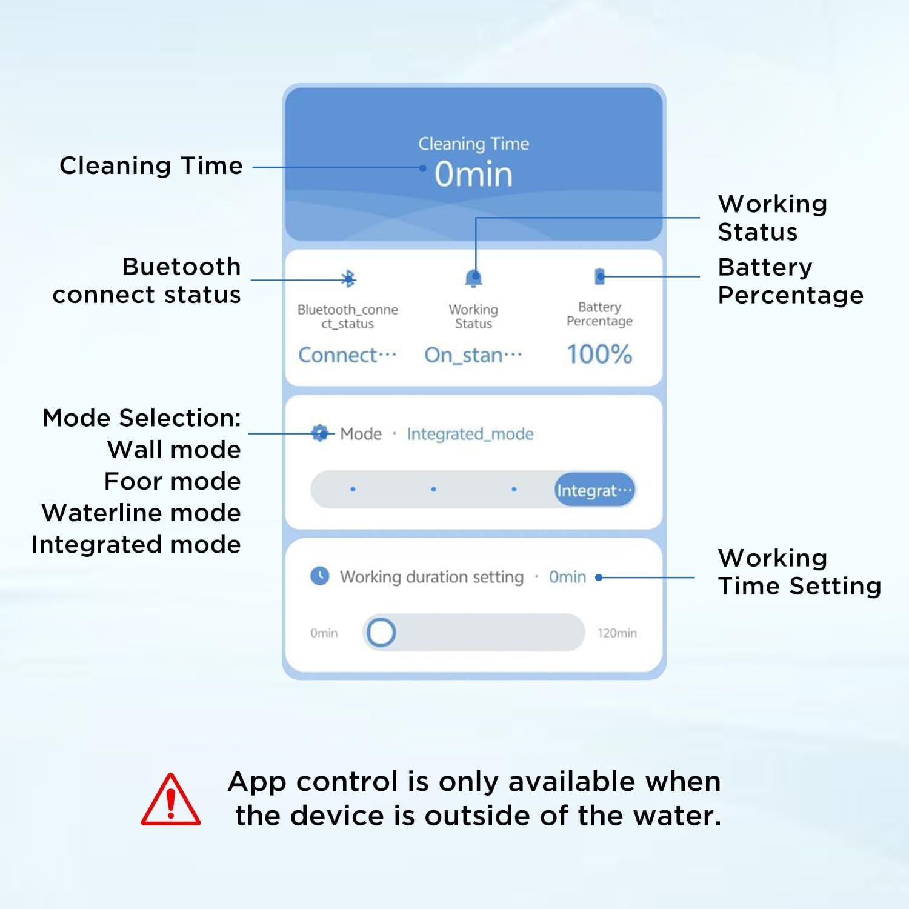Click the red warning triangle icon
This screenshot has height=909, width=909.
[170, 801]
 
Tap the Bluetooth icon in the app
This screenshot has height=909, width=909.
[348, 278]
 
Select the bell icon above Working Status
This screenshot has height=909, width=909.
[473, 278]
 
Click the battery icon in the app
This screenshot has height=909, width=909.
[599, 276]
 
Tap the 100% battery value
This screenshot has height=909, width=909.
[599, 355]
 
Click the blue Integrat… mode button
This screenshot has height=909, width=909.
[594, 490]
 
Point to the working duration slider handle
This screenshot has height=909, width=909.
[381, 633]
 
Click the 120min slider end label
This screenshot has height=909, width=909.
[616, 633]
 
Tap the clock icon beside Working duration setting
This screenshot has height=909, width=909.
[320, 576]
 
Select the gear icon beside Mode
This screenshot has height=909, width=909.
[319, 433]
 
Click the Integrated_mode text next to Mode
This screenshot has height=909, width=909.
[470, 434]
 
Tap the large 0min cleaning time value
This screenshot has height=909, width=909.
[473, 175]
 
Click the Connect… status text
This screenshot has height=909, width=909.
[347, 355]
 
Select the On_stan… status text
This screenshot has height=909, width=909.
[473, 355]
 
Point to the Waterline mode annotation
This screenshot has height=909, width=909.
[141, 513]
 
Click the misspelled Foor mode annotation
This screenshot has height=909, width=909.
[172, 481]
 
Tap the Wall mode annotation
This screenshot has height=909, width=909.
[174, 450]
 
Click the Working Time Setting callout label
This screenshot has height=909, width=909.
[799, 571]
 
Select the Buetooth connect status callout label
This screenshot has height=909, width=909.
[147, 281]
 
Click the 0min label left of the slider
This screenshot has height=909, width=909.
[324, 633]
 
